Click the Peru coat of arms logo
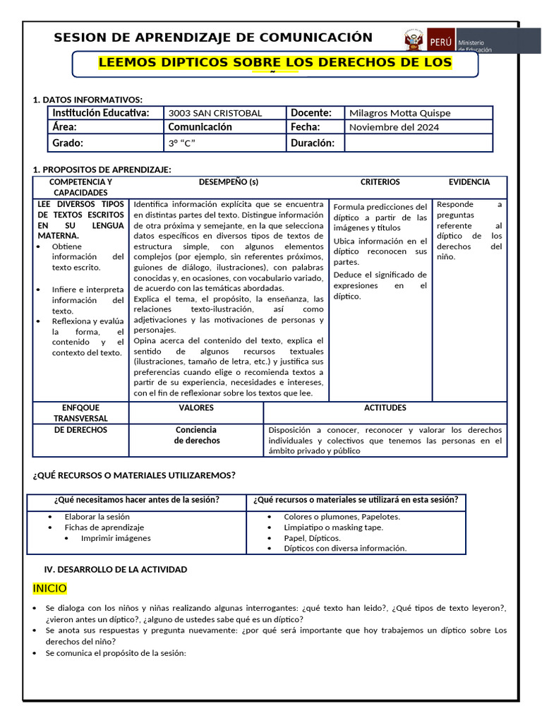point(414,40)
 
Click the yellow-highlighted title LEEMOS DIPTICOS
point(275,62)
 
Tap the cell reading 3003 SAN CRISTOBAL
point(215,113)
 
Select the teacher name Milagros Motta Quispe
point(399,113)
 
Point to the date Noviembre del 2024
point(394,128)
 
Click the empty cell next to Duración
point(418,143)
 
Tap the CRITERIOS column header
point(380,182)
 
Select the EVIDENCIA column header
point(469,182)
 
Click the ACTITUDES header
point(385,408)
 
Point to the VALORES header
point(196,408)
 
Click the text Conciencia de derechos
point(196,435)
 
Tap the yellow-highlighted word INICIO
point(49,588)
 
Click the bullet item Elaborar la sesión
point(97,517)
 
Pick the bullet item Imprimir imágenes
point(116,538)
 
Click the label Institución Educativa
point(100,113)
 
